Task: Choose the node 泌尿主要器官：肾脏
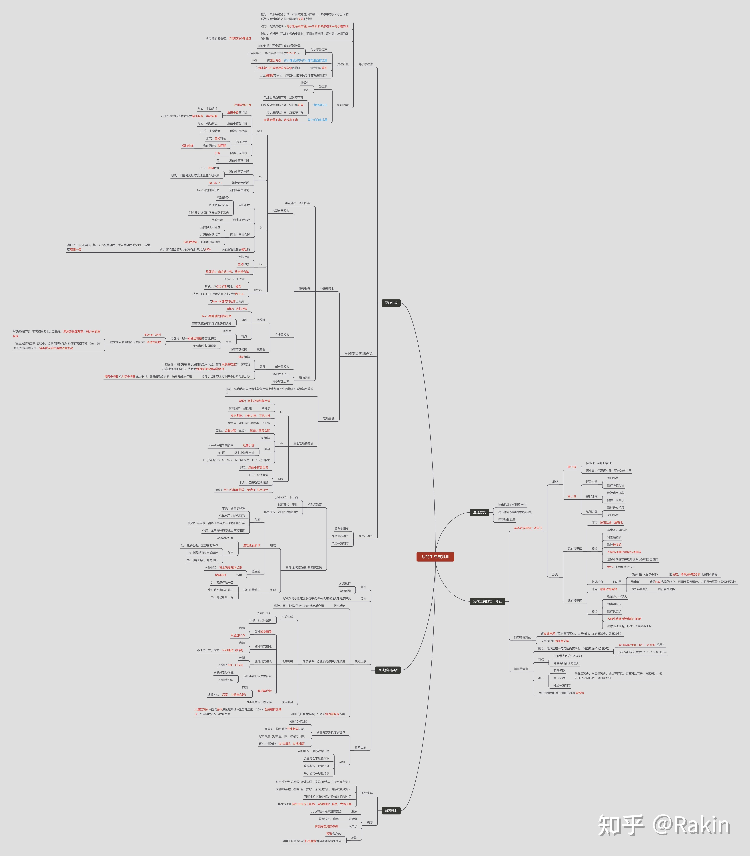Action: tap(488, 601)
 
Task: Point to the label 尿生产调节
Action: tap(365, 536)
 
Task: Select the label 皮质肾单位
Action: tap(575, 548)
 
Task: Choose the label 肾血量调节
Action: tap(521, 669)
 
